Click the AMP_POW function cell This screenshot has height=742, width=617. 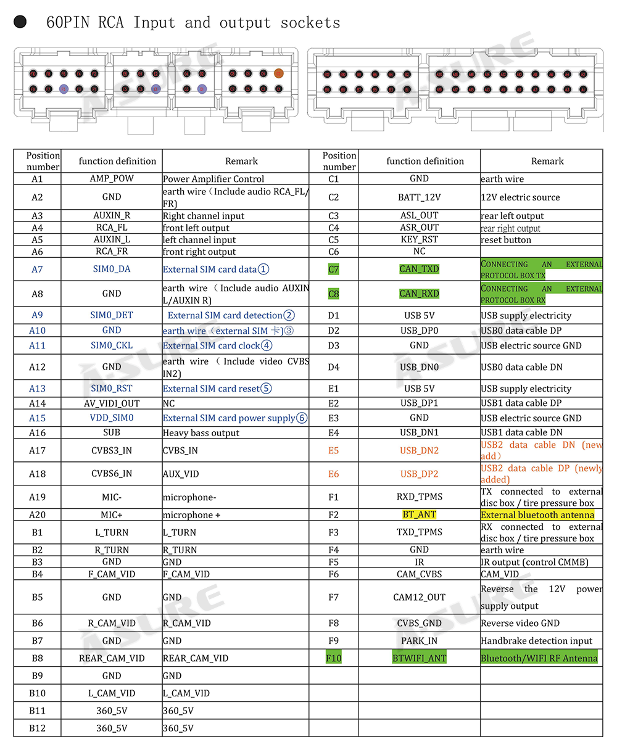pyautogui.click(x=112, y=179)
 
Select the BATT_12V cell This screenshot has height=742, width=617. pyautogui.click(x=419, y=197)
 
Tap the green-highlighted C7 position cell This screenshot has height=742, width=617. pyautogui.click(x=334, y=270)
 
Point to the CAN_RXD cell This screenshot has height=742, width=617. pyautogui.click(x=419, y=294)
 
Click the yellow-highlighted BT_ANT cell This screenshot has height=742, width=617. pyautogui.click(x=419, y=515)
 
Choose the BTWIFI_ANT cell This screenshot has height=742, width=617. pyautogui.click(x=419, y=658)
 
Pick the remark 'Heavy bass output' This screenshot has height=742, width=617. pyautogui.click(x=201, y=433)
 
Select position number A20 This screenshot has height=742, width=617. pyautogui.click(x=38, y=515)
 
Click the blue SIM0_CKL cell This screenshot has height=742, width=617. pyautogui.click(x=112, y=345)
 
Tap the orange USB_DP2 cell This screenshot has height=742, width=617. pyautogui.click(x=419, y=474)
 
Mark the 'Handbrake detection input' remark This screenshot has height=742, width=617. pyautogui.click(x=536, y=641)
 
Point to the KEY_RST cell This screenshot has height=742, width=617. pyautogui.click(x=419, y=239)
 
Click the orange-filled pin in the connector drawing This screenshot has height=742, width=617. pyautogui.click(x=278, y=73)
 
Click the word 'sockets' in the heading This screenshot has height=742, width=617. pyautogui.click(x=310, y=23)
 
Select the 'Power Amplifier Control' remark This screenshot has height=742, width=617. pyautogui.click(x=213, y=179)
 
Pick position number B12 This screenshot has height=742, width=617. pyautogui.click(x=38, y=728)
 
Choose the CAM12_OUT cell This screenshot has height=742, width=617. pyautogui.click(x=419, y=597)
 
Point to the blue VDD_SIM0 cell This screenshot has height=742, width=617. pyautogui.click(x=112, y=418)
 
